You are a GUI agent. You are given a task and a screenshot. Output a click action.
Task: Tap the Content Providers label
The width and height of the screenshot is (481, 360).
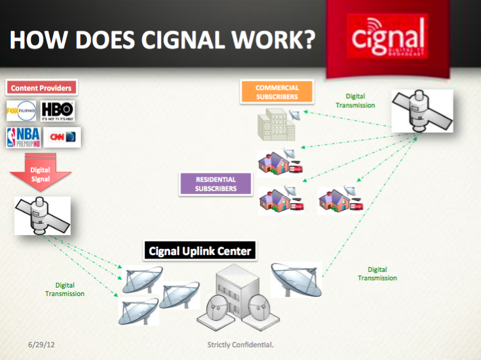click(41, 88)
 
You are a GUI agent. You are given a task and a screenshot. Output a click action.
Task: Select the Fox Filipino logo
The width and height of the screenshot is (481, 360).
click(21, 111)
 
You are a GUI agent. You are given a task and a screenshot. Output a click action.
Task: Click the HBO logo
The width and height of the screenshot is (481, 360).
click(58, 110)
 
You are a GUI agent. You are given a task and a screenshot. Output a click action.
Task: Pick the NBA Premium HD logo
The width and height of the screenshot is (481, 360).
click(21, 137)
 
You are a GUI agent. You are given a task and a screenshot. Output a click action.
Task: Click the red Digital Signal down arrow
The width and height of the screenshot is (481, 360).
click(40, 172)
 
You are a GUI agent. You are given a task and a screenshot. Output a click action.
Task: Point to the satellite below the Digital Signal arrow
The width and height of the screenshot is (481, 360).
click(42, 215)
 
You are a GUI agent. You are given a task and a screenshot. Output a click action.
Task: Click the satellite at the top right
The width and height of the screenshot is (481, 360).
click(421, 111)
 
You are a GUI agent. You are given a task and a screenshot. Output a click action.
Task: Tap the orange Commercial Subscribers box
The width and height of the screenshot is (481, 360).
click(277, 92)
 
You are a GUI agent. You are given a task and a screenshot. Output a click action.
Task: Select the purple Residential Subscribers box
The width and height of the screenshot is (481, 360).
click(215, 184)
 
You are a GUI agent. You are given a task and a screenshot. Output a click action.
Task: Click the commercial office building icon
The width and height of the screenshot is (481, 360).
click(277, 124)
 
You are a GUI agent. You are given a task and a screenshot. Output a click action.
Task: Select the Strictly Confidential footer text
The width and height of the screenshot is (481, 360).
click(241, 345)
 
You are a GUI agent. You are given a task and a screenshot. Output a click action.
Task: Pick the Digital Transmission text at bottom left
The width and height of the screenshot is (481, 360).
click(65, 289)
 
